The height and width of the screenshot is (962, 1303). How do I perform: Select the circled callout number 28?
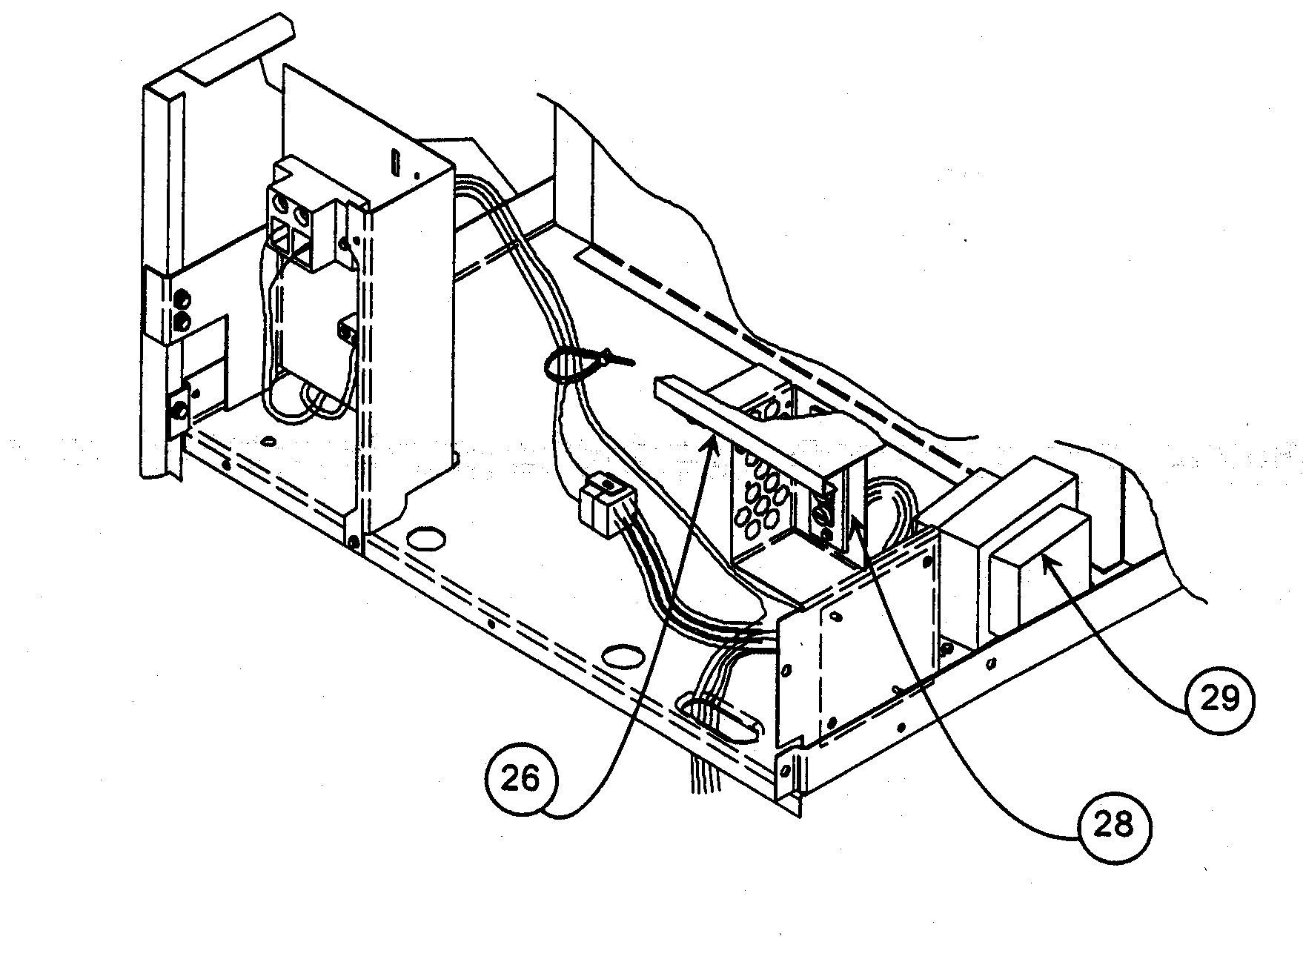(1113, 823)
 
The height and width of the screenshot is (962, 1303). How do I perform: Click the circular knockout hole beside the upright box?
(424, 538)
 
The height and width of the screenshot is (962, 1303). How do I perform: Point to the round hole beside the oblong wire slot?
(621, 655)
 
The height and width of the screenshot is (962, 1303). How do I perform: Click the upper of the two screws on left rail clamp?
(180, 300)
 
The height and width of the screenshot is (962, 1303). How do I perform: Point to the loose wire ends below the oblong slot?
(704, 778)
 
